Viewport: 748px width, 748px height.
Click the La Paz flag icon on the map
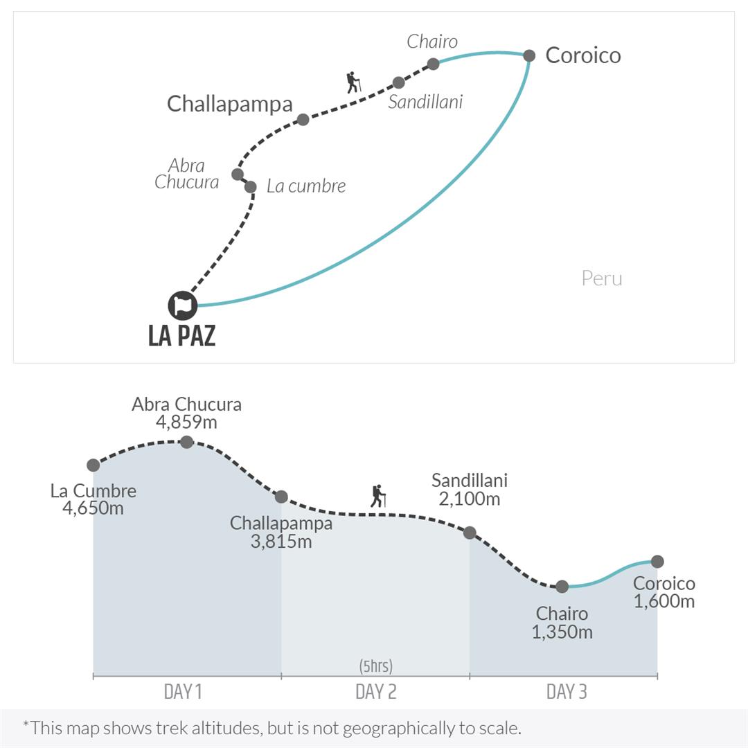click(x=183, y=305)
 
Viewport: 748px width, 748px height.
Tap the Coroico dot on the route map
click(x=529, y=55)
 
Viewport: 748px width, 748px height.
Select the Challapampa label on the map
click(x=230, y=104)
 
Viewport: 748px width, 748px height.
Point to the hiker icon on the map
click(x=353, y=82)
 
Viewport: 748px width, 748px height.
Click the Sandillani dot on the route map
click(x=398, y=82)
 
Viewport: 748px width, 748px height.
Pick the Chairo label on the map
click(x=432, y=42)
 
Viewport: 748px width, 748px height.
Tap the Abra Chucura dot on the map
click(x=238, y=174)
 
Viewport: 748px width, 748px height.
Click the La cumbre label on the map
click(x=305, y=186)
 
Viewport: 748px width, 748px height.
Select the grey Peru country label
click(x=602, y=278)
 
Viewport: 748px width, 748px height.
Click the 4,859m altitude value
click(x=186, y=422)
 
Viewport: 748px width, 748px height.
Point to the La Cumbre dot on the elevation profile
click(x=93, y=465)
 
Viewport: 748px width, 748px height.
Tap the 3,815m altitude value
click(x=281, y=541)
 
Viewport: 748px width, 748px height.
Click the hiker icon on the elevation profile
click(x=377, y=496)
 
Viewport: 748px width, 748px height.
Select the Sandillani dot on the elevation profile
click(x=470, y=533)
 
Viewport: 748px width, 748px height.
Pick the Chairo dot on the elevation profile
click(x=562, y=587)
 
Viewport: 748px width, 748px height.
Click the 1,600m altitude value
click(x=664, y=601)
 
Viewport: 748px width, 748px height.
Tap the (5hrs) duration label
click(x=375, y=666)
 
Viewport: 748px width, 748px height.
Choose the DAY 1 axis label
click(x=183, y=691)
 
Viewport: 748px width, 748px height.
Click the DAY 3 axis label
click(x=567, y=691)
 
